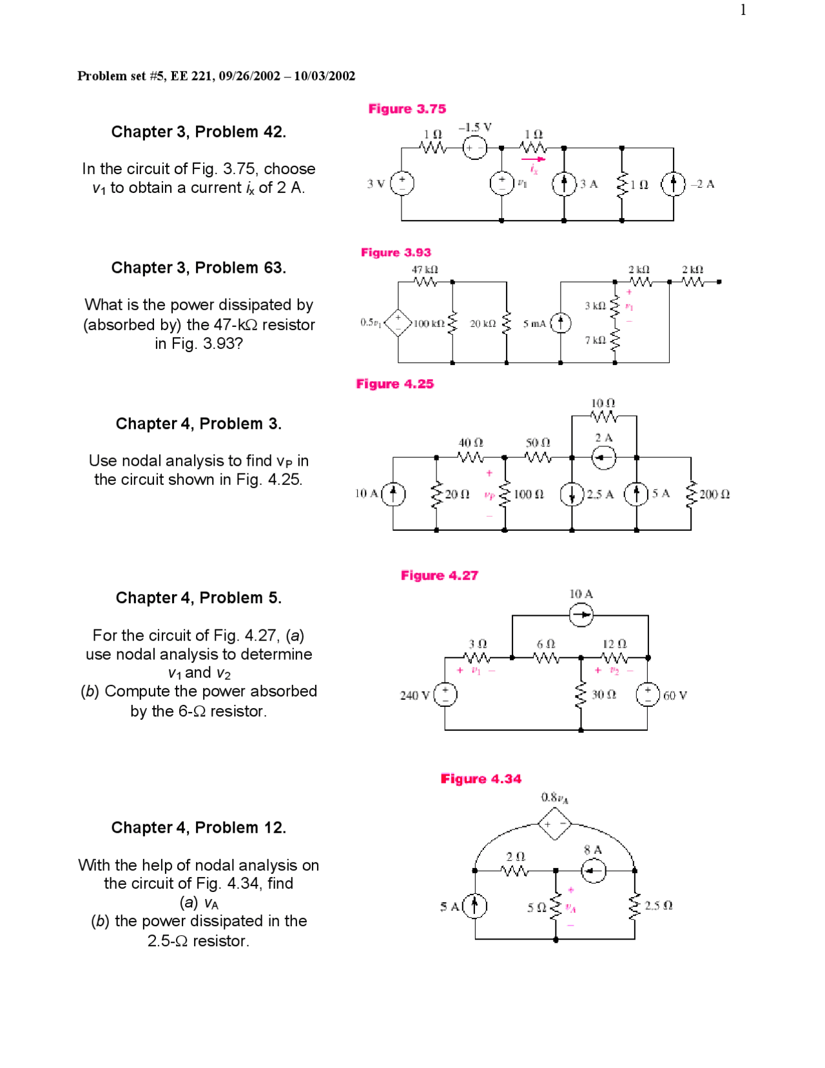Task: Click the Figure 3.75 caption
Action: pyautogui.click(x=407, y=109)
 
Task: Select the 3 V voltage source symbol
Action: pyautogui.click(x=402, y=184)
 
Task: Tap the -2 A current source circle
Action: pyautogui.click(x=673, y=184)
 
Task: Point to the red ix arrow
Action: pyautogui.click(x=533, y=159)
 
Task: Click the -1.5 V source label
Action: pyautogui.click(x=475, y=128)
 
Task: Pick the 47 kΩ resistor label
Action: pyautogui.click(x=425, y=270)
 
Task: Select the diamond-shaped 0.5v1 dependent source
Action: pyautogui.click(x=398, y=322)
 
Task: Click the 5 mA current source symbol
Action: pyautogui.click(x=561, y=322)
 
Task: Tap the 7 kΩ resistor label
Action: pyautogui.click(x=595, y=340)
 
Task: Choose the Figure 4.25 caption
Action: pyautogui.click(x=395, y=384)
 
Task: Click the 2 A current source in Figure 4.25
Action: pyautogui.click(x=604, y=458)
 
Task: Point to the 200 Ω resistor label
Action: pyautogui.click(x=714, y=495)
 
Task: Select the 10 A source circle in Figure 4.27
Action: pyautogui.click(x=581, y=615)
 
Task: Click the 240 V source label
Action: pyautogui.click(x=414, y=695)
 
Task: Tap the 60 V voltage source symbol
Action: pyautogui.click(x=648, y=695)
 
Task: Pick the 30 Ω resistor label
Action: pyautogui.click(x=604, y=695)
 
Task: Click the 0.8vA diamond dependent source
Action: pyautogui.click(x=554, y=824)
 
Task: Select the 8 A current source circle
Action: pyautogui.click(x=594, y=871)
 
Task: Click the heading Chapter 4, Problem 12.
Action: pyautogui.click(x=199, y=827)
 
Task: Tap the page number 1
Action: pyautogui.click(x=743, y=10)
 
